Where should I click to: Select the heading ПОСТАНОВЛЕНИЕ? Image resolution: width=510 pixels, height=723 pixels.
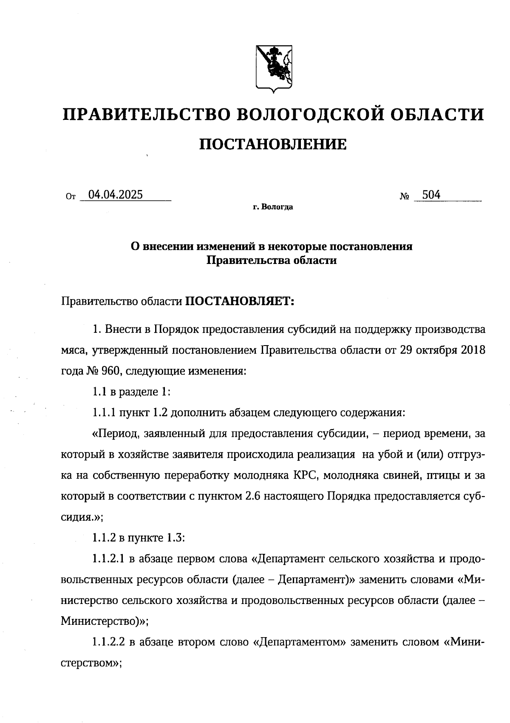(x=273, y=145)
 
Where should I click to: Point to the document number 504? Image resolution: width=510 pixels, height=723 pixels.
(x=431, y=195)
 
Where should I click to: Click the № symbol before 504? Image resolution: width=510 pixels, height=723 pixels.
(x=404, y=196)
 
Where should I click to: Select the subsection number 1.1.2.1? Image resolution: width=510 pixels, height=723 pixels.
(x=108, y=559)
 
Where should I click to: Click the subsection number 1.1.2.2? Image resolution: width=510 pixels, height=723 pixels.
(x=108, y=642)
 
